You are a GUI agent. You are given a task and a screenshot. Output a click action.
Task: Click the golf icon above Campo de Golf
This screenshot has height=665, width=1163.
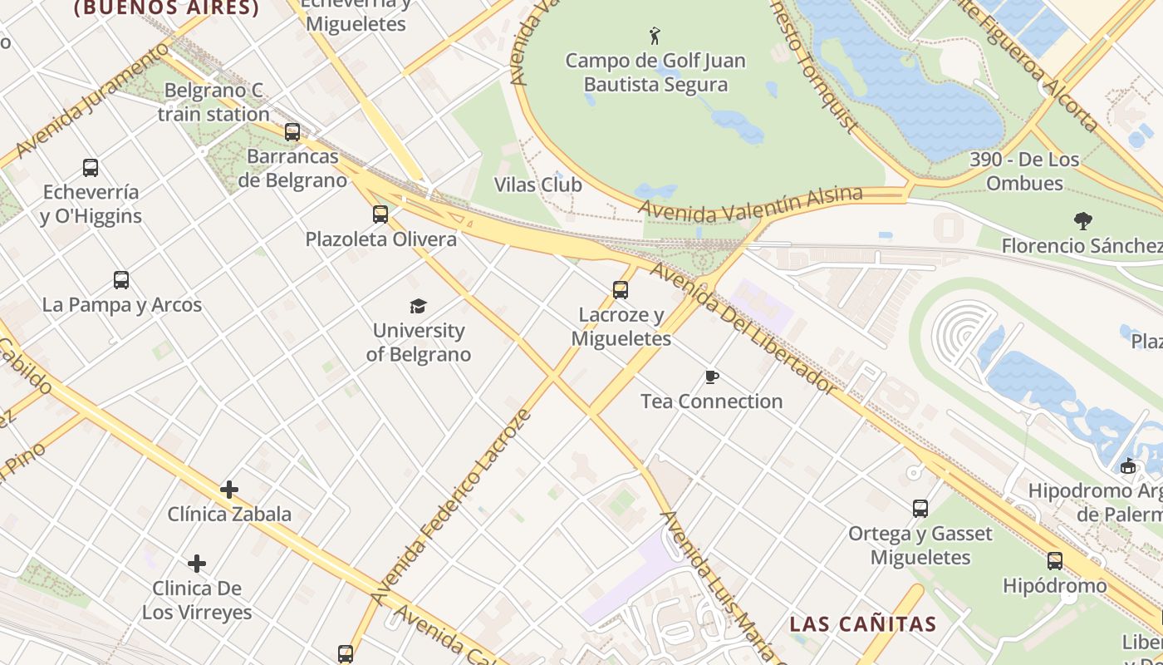click(655, 36)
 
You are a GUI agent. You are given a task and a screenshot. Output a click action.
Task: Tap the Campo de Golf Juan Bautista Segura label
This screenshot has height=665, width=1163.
click(655, 72)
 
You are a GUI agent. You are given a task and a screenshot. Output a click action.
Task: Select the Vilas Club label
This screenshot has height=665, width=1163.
click(537, 185)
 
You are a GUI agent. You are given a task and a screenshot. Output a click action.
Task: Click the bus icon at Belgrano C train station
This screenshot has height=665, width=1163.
click(292, 131)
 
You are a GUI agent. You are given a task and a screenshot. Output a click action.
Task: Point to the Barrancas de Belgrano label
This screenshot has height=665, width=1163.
click(292, 168)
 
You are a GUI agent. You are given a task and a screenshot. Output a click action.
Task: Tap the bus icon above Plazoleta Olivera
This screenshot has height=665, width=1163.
click(380, 214)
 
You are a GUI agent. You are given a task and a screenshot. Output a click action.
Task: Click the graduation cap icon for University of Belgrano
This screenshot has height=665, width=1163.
click(418, 306)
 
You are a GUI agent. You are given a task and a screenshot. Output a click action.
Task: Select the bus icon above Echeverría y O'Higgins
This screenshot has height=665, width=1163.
click(91, 168)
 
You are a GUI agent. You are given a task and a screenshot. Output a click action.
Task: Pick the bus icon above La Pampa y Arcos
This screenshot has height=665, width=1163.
click(121, 280)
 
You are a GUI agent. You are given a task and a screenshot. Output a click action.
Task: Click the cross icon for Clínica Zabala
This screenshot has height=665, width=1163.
click(229, 490)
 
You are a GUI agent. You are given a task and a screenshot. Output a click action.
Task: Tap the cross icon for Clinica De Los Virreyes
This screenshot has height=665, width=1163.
click(197, 564)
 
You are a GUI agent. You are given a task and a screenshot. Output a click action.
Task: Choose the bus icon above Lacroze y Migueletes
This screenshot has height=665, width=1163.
click(621, 290)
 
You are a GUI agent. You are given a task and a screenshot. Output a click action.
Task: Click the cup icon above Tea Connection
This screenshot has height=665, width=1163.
click(711, 377)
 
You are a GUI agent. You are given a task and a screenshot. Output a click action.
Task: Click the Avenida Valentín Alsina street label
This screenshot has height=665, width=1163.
click(751, 204)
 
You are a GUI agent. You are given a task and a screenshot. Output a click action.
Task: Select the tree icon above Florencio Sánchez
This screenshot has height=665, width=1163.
click(1082, 221)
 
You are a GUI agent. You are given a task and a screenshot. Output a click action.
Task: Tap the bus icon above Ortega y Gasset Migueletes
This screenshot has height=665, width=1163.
click(920, 509)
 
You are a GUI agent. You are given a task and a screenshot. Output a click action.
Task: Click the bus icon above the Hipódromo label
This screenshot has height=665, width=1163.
click(1054, 561)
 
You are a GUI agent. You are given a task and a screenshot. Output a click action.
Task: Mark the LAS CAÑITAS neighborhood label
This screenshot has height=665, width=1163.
click(862, 624)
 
